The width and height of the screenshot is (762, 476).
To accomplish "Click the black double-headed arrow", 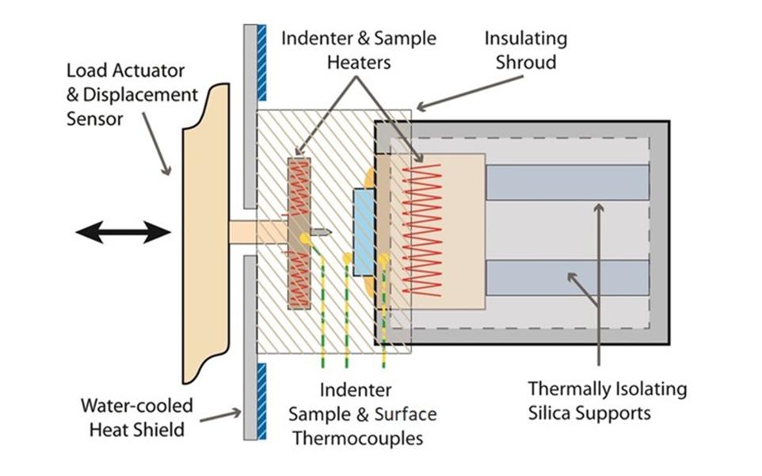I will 123,232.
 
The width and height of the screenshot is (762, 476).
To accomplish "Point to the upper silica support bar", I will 566,182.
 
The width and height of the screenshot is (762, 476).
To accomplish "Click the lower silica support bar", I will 566,276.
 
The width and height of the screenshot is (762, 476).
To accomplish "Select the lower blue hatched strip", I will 262,401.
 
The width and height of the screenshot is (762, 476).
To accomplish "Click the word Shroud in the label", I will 524,63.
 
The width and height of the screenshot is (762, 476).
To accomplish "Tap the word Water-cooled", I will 136,406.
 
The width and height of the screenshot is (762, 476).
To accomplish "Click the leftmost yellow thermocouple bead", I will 304,238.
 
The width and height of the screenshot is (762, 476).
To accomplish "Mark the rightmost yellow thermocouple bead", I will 384,258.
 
